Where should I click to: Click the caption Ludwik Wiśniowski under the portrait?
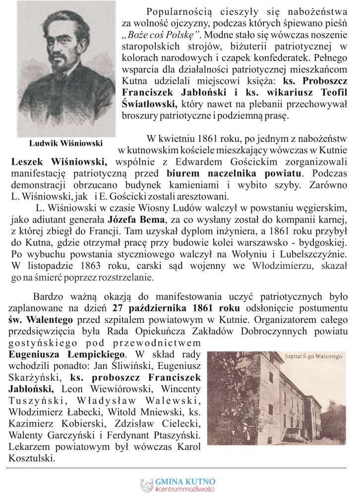(x=65, y=143)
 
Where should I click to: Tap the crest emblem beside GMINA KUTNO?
(x=146, y=485)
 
